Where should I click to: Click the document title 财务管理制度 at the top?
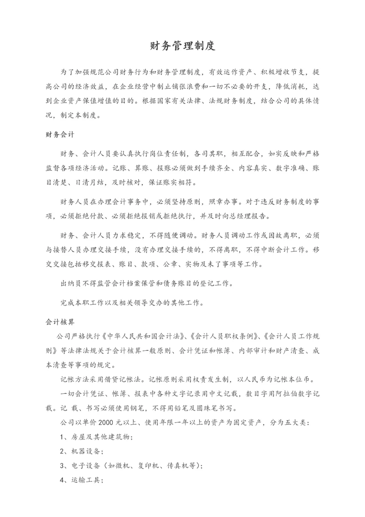[182, 46]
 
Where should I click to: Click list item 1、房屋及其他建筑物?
[96, 437]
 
